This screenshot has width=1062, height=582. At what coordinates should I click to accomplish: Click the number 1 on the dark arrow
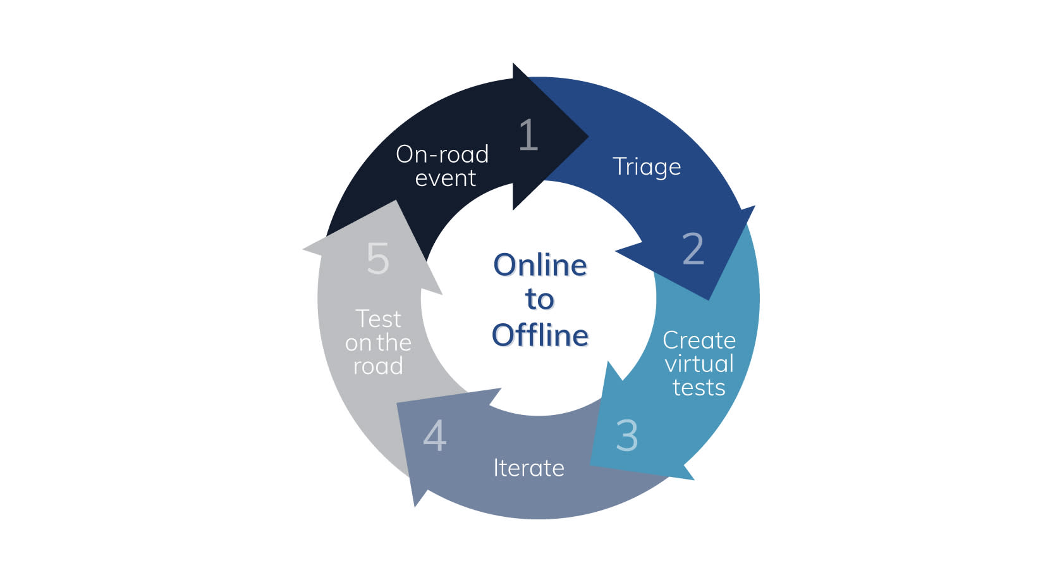pyautogui.click(x=528, y=135)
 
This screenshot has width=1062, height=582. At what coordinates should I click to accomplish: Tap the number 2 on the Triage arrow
pyautogui.click(x=693, y=248)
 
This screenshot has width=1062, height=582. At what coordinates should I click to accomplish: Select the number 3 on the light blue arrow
pyautogui.click(x=627, y=435)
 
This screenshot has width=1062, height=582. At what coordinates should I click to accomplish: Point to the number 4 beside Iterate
pyautogui.click(x=434, y=435)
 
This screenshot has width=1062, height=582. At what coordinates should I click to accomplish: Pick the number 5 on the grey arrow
pyautogui.click(x=378, y=259)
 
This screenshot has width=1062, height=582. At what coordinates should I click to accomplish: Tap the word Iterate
pyautogui.click(x=528, y=468)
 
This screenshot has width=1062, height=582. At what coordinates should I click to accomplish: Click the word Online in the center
pyautogui.click(x=540, y=264)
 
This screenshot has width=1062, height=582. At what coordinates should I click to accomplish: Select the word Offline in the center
pyautogui.click(x=540, y=335)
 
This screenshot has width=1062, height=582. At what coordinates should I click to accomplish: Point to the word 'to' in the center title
pyautogui.click(x=540, y=300)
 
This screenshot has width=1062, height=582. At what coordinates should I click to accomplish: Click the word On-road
pyautogui.click(x=442, y=154)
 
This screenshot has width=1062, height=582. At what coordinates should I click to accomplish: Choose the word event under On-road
pyautogui.click(x=445, y=178)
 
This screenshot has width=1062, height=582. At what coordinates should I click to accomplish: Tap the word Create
pyautogui.click(x=699, y=340)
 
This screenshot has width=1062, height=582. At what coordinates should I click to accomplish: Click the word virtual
pyautogui.click(x=699, y=364)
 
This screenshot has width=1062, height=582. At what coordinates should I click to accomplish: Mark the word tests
pyautogui.click(x=699, y=388)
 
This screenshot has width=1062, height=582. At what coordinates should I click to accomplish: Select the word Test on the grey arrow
pyautogui.click(x=378, y=319)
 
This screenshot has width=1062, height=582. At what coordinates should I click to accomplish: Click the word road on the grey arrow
pyautogui.click(x=378, y=366)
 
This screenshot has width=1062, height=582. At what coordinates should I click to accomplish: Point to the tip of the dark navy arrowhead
pyautogui.click(x=589, y=137)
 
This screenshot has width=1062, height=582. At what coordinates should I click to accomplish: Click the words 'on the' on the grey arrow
pyautogui.click(x=378, y=342)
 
